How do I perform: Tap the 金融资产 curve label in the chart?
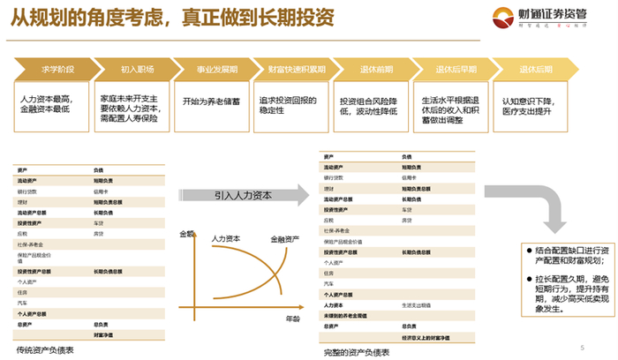285,239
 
